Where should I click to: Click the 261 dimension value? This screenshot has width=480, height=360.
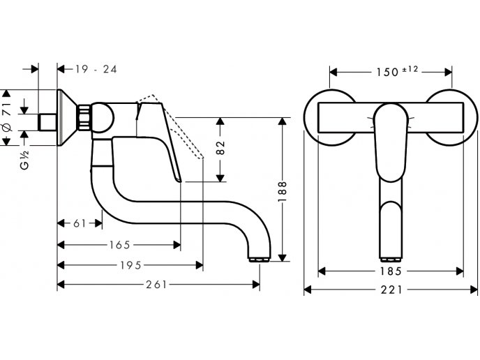[156, 285]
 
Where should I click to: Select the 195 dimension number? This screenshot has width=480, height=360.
[130, 265]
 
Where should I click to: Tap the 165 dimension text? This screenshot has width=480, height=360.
[120, 245]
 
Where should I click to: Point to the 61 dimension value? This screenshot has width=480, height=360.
[80, 223]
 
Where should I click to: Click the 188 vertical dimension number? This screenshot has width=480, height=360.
[282, 191]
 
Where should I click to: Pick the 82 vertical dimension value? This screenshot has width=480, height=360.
[220, 147]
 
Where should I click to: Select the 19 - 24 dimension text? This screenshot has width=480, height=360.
[96, 69]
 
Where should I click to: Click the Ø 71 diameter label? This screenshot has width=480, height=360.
[7, 117]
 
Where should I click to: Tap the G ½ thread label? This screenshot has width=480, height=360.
[24, 160]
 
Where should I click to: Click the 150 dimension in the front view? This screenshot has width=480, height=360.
[387, 73]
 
